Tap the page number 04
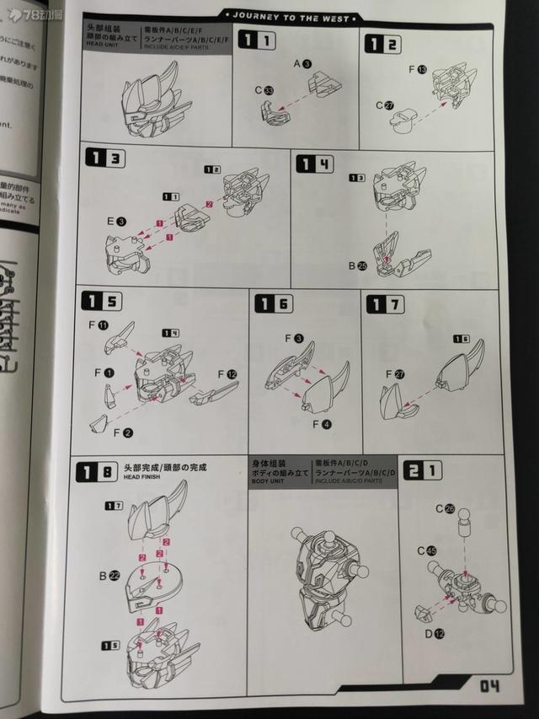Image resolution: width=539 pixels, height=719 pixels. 490,685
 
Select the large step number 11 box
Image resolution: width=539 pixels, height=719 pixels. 256,40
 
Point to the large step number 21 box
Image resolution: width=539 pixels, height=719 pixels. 422,470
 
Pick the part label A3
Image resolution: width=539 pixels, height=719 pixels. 302,64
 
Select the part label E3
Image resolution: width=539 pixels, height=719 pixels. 116,221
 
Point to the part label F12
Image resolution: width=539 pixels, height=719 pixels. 227,373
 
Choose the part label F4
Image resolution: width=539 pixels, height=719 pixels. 321,424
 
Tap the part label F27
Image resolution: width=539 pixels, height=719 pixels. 394,373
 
